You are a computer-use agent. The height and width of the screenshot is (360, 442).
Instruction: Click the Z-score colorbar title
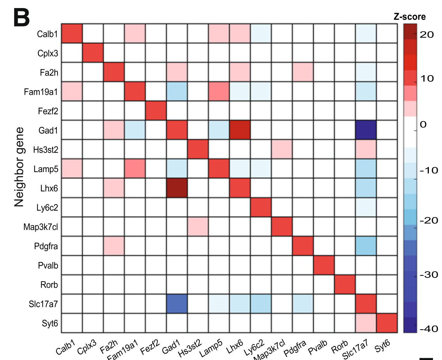coord(410,17)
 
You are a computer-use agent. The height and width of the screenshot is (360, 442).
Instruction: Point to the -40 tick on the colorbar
coord(429,329)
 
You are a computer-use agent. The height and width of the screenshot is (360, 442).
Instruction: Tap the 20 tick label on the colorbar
coord(427,35)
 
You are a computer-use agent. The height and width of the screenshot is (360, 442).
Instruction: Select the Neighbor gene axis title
coord(19,167)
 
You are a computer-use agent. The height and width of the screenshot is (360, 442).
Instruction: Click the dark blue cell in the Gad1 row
coord(366,130)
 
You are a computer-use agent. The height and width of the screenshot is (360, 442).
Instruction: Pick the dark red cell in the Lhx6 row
coord(177,188)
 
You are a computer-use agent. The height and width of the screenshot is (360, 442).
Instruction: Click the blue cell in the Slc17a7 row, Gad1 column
coord(177,304)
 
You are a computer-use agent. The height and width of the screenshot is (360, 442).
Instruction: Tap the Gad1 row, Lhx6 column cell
coord(240,130)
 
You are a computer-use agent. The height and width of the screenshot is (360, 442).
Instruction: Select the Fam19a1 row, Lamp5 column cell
coord(219,92)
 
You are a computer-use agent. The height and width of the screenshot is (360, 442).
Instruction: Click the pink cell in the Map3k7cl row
coord(198,227)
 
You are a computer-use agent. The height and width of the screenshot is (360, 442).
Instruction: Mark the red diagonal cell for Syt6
coord(387,323)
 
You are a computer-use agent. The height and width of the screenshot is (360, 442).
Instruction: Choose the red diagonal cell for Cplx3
coord(93,53)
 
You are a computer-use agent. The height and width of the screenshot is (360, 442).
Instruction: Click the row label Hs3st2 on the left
coord(46,150)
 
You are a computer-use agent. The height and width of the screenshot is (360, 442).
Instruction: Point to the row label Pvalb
coord(48,266)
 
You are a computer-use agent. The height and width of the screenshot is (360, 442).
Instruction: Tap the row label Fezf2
coord(48,111)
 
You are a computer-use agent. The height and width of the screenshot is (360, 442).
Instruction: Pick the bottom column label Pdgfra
coord(295,349)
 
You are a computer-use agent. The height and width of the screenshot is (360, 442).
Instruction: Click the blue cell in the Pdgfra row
coord(366,246)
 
